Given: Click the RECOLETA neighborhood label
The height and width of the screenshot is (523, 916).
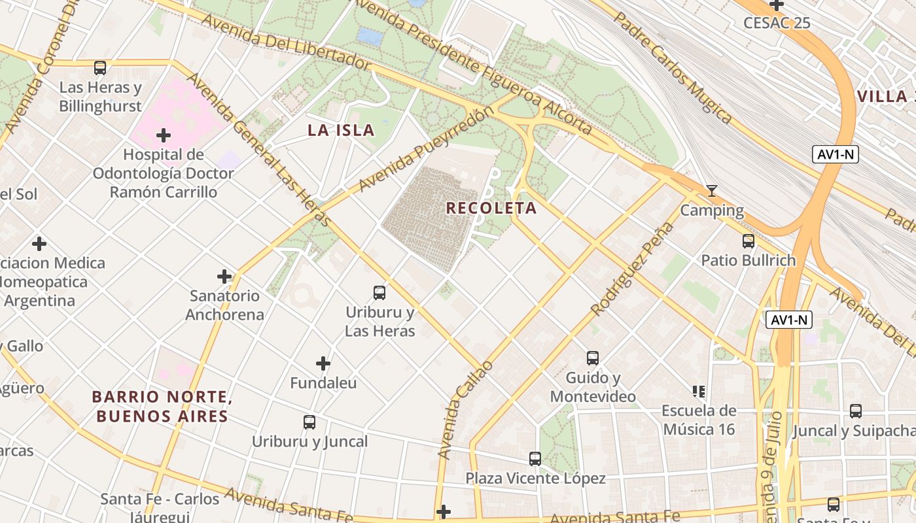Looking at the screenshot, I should [491, 208].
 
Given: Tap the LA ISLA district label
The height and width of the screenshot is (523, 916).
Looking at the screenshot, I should [341, 130].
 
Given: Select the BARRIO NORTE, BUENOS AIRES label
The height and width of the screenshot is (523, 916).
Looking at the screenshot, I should [162, 406].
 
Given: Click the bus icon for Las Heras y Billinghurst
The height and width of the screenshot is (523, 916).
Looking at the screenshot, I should [100, 67].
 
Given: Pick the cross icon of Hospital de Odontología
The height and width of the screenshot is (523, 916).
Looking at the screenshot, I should [164, 135].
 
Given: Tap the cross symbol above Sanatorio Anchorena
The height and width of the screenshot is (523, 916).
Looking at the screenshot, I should [224, 277].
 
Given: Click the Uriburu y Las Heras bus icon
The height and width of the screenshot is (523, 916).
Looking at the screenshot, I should [379, 292].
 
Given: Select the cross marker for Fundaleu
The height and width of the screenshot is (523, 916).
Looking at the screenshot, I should [323, 363].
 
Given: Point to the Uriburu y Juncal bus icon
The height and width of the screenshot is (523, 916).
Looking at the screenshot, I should [309, 422].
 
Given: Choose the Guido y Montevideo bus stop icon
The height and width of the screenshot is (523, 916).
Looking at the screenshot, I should [593, 358].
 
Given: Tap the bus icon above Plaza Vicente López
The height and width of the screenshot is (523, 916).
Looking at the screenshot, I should [535, 459].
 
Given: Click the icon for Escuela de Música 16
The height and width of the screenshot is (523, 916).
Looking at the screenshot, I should [699, 392].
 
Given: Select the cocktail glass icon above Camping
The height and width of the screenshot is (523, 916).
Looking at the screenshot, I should [712, 191].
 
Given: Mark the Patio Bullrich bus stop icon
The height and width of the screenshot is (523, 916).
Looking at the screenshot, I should [749, 241].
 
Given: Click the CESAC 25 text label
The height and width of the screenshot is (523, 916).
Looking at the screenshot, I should [777, 23].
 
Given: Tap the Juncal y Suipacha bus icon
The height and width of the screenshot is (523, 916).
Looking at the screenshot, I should [856, 411].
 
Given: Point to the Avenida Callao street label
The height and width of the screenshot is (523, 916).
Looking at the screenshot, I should [465, 409].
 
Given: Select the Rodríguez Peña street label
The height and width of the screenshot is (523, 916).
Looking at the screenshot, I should [632, 269].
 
